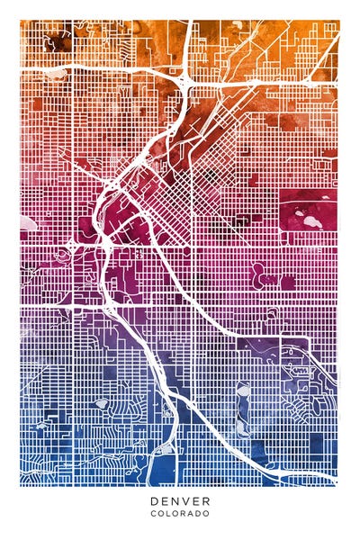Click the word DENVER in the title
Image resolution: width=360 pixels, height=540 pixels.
[180, 501]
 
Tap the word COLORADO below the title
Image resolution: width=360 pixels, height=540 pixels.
[180, 514]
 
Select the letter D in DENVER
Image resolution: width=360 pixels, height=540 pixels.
[154, 501]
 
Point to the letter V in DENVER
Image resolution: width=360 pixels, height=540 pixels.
[185, 501]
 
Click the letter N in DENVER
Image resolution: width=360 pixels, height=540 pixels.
[175, 501]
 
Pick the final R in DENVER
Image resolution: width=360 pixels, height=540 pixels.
[206, 501]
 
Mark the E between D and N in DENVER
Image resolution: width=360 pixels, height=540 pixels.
[165, 501]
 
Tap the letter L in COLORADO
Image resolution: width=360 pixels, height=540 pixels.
[170, 514]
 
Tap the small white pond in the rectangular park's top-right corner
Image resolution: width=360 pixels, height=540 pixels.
[327, 206]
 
